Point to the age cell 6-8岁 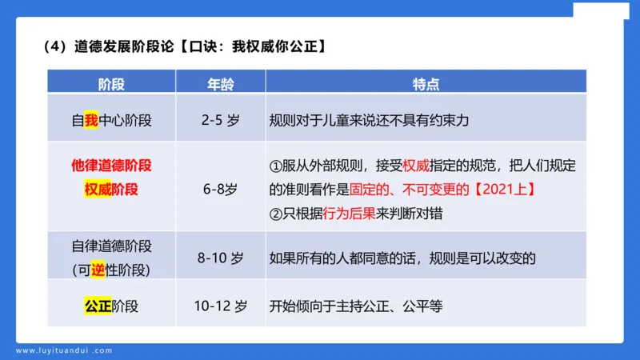coord(220,190)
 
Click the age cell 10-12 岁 coord(220,306)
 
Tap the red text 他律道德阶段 coord(111,166)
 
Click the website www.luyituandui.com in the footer coord(64,350)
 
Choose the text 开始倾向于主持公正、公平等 coord(356,306)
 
